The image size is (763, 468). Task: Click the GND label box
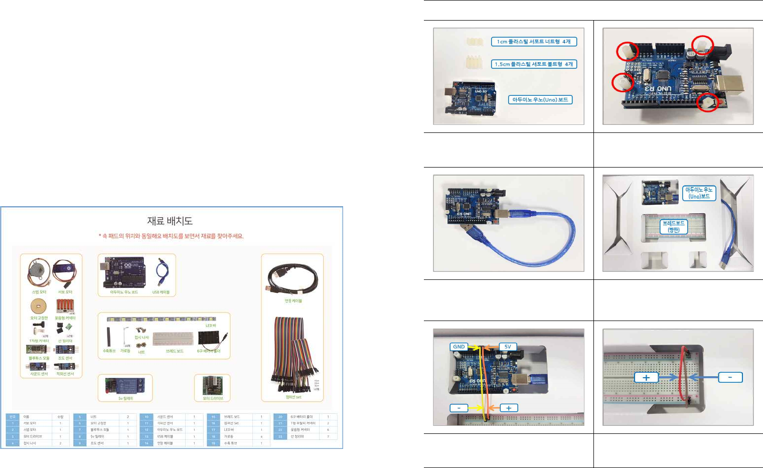point(459,347)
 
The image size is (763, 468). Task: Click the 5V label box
point(508,347)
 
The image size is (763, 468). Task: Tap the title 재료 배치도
point(170,221)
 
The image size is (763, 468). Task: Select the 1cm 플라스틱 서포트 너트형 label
point(534,42)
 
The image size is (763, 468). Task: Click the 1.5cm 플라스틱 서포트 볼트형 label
point(534,64)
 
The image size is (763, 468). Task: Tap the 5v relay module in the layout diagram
point(125,386)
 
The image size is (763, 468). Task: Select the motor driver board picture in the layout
point(213,386)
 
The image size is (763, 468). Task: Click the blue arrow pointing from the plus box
point(668,378)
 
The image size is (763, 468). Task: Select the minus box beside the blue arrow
point(730,377)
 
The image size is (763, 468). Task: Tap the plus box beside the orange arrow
point(509,408)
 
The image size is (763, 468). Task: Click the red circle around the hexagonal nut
point(708,103)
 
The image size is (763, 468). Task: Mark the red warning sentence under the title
point(171,236)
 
